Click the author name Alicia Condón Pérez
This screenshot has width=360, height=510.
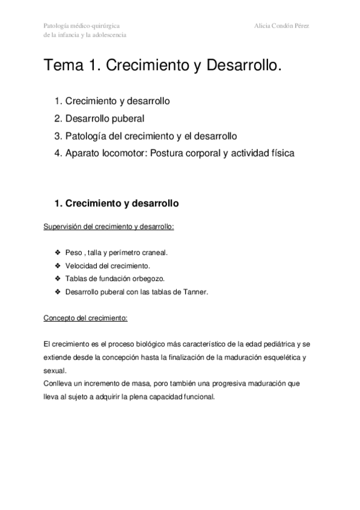pyautogui.click(x=285, y=26)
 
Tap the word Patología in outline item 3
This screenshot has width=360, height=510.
pyautogui.click(x=85, y=135)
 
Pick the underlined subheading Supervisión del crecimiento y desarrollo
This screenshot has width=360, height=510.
pyautogui.click(x=109, y=227)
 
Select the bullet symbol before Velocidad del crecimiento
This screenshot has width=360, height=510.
pyautogui.click(x=58, y=266)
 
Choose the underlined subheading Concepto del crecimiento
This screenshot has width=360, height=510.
pyautogui.click(x=85, y=318)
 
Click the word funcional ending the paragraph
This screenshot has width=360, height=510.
pyautogui.click(x=197, y=396)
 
